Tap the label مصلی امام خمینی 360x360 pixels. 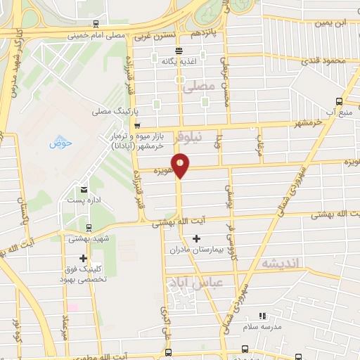97,34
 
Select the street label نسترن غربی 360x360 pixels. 153,34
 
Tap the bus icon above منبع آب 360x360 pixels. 340,101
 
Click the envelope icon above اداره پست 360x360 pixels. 84,189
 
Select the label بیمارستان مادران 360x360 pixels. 195,249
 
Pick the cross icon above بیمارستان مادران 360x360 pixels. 196,238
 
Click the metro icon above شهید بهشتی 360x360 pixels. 88,228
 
